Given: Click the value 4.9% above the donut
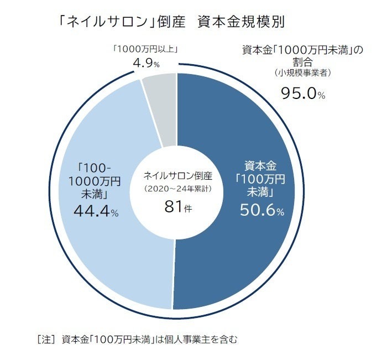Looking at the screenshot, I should click(146, 64).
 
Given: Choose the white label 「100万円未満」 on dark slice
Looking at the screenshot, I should click(260, 185).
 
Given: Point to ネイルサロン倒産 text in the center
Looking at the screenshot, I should click(177, 176).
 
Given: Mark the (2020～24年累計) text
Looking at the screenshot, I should click(177, 189).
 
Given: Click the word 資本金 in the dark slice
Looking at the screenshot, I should click(260, 165).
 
